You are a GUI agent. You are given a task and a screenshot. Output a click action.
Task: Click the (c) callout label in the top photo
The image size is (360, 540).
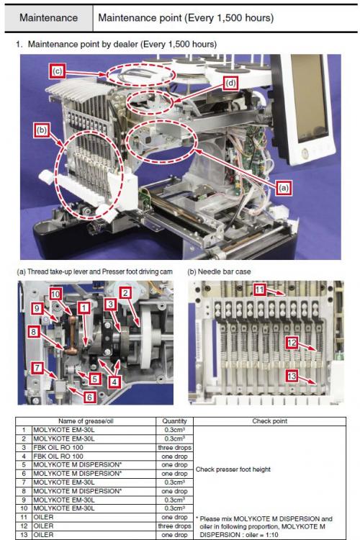pyautogui.click(x=58, y=71)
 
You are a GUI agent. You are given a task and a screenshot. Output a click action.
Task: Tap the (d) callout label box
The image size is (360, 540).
pyautogui.click(x=230, y=83)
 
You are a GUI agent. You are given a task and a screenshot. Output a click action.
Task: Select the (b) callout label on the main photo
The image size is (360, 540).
pyautogui.click(x=42, y=130)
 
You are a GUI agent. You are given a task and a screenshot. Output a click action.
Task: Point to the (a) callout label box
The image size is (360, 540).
pyautogui.click(x=283, y=188)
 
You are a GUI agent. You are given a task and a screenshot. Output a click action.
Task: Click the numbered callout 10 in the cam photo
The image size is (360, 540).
pyautogui.click(x=55, y=294)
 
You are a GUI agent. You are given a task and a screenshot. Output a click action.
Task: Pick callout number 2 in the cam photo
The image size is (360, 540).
pyautogui.click(x=125, y=293)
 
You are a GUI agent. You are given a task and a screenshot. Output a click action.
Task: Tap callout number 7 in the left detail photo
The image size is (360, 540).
pyautogui.click(x=37, y=368)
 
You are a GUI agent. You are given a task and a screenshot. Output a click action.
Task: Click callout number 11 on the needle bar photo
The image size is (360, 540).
pyautogui.click(x=260, y=289)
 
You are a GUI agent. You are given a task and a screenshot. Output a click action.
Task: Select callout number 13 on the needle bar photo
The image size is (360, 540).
pyautogui.click(x=292, y=375)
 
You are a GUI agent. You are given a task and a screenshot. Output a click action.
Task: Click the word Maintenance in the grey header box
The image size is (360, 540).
pyautogui.click(x=48, y=17)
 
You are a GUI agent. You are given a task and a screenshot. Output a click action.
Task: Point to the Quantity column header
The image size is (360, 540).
pyautogui.click(x=174, y=421)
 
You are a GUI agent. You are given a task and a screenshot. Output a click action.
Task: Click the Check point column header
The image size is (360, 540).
pyautogui.click(x=270, y=421)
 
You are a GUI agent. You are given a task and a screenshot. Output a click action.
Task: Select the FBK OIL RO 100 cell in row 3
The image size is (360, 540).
pyautogui.click(x=58, y=447)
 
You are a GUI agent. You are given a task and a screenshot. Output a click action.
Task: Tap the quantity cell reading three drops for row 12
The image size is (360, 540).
pyautogui.click(x=174, y=526)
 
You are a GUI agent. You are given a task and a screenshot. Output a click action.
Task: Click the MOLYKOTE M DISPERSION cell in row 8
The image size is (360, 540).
pyautogui.click(x=78, y=491)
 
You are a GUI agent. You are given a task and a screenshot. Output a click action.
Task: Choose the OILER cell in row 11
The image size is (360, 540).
pyautogui.click(x=43, y=517)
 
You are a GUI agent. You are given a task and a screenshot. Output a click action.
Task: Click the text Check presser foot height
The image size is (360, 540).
pyautogui.click(x=233, y=469)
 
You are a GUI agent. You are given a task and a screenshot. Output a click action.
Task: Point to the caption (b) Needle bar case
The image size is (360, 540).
pyautogui.click(x=219, y=271)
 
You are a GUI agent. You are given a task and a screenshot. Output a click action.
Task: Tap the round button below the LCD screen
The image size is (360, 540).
pyautogui.click(x=305, y=153)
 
